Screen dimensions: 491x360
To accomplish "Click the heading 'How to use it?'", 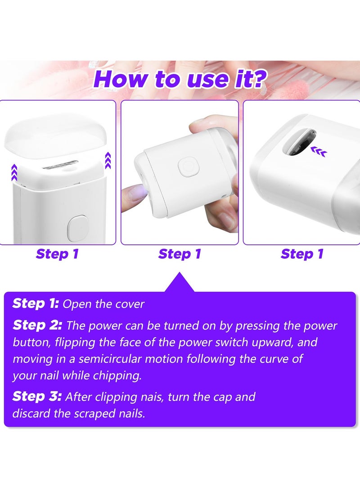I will tap(180, 78).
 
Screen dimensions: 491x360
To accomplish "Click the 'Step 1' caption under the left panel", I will tap(57, 254).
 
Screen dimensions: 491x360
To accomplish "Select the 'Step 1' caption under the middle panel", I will tap(180, 254).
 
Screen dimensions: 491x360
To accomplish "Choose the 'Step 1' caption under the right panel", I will tap(302, 254).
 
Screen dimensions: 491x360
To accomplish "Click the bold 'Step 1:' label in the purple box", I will tap(36, 303).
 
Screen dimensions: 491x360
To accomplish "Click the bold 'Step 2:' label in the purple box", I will tap(37, 325).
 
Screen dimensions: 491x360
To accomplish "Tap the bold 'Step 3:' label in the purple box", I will tap(37, 396).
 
